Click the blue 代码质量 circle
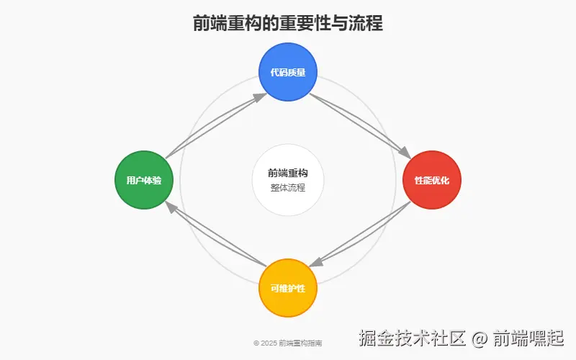[288, 72]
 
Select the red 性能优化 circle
[432, 180]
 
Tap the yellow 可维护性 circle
[288, 288]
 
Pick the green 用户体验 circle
[144, 180]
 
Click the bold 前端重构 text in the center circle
[288, 173]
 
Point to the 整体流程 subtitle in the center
[288, 188]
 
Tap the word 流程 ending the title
[366, 23]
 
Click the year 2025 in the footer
[269, 343]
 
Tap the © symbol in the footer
[256, 343]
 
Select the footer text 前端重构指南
[300, 343]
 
